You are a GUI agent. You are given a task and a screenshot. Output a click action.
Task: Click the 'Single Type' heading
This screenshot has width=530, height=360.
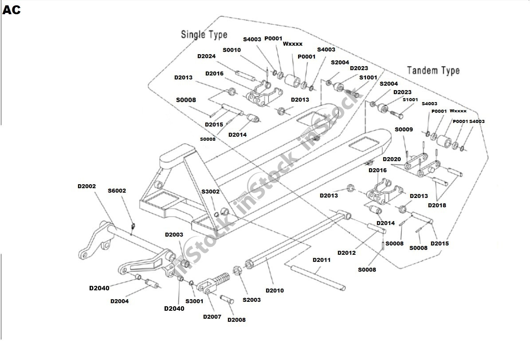204,34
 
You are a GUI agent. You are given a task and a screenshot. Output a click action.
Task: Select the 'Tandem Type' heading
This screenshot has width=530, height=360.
433,70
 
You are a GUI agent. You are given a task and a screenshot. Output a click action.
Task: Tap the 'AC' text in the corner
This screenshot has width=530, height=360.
12,10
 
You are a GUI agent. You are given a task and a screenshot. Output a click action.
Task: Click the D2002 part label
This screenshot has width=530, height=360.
86,186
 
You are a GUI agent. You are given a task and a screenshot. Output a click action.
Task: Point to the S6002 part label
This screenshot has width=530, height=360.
117,191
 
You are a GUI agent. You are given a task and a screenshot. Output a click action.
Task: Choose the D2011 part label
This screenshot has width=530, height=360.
322,260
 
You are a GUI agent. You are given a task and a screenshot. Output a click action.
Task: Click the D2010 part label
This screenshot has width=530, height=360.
275,290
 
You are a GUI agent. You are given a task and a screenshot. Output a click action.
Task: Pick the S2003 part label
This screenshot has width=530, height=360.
251,300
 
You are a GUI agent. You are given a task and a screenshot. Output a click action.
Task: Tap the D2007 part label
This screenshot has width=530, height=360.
212,316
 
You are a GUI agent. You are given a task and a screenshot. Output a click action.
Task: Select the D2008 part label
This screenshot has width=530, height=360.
236,320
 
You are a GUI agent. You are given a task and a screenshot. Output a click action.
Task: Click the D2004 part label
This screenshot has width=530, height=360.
119,301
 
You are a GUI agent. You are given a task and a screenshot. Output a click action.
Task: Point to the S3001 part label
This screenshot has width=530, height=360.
194,301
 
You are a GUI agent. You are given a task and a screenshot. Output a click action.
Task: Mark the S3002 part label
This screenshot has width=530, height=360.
210,192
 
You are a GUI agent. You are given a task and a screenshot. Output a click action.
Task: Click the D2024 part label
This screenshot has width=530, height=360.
206,56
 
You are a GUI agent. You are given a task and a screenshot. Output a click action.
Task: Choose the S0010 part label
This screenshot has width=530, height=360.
232,50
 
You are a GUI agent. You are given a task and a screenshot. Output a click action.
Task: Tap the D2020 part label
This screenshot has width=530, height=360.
392,159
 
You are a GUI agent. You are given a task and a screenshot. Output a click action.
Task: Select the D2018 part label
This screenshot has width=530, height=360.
437,205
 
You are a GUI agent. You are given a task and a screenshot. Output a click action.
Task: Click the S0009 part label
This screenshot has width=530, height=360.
404,130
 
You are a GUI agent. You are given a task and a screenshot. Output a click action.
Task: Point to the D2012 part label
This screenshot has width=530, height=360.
346,253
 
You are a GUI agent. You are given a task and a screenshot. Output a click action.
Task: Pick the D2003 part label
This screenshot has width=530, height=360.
174,234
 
